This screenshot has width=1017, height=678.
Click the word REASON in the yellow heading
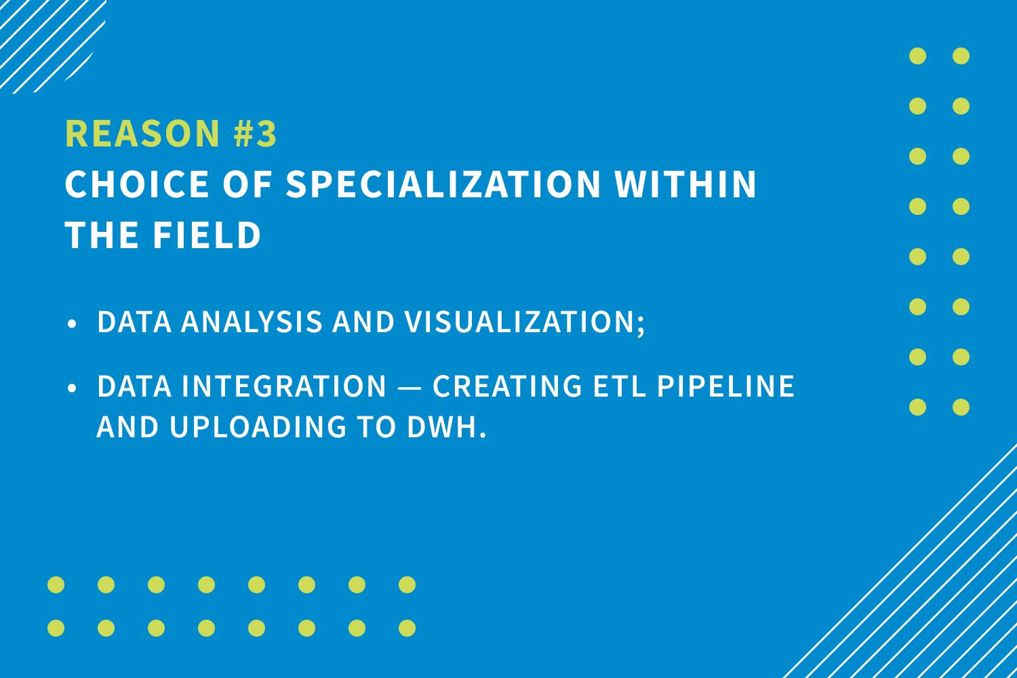(142, 133)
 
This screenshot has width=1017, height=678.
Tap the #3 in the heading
(255, 133)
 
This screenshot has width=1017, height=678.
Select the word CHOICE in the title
(137, 184)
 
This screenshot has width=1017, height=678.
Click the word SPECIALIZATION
(443, 184)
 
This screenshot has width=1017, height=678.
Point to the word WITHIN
(685, 184)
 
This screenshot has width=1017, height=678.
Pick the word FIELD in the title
(207, 235)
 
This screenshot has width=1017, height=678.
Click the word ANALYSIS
(252, 321)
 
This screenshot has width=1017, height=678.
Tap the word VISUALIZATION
(521, 321)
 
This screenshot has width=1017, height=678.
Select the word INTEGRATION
(284, 386)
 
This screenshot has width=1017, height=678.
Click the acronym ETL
(619, 386)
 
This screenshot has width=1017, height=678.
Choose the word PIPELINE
(726, 386)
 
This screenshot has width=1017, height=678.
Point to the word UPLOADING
(258, 426)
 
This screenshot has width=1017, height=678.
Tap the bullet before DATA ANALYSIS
(72, 324)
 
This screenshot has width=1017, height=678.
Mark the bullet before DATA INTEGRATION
(72, 388)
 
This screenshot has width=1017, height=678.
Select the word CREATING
(507, 386)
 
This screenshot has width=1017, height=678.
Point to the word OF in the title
(247, 184)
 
